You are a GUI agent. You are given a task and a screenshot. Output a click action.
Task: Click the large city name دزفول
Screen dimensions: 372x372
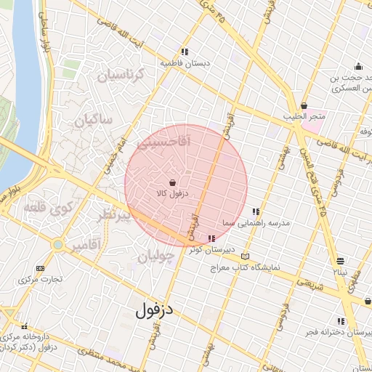pos(155,310)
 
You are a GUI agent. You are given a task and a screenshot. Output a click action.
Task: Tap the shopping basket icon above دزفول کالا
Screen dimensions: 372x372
pos(172,182)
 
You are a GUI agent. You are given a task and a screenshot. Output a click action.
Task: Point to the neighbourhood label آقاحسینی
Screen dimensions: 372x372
pos(162,145)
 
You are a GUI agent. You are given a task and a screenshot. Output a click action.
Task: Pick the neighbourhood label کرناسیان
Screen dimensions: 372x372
pos(122,76)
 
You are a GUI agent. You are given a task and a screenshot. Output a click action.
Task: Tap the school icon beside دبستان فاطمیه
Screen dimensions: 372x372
pos(185,52)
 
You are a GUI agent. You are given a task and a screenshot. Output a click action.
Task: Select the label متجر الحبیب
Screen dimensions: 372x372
pos(305,117)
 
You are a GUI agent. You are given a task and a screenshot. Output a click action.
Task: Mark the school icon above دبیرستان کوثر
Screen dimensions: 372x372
pos(211,238)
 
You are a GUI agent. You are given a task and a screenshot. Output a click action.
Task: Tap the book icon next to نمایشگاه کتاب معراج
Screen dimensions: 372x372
pos(245,256)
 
